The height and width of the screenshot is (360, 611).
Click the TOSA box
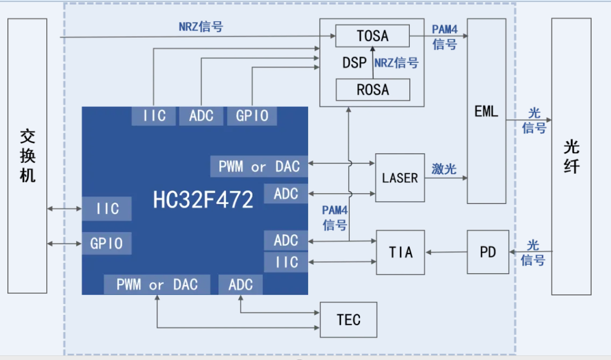(x=372, y=36)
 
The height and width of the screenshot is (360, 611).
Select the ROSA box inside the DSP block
(x=372, y=90)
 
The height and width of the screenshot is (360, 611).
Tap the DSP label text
(x=354, y=63)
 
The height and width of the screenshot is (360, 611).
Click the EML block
(x=486, y=111)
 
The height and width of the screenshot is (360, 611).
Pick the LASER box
(x=400, y=178)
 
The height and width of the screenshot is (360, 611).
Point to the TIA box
(x=400, y=251)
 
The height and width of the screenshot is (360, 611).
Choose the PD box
(x=488, y=252)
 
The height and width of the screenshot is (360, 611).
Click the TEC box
(x=349, y=319)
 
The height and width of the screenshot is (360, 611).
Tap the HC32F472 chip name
(x=203, y=199)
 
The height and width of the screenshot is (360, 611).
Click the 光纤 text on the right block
(x=571, y=156)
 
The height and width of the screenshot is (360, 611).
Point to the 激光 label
(x=444, y=169)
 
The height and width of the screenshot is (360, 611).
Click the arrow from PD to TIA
(x=446, y=252)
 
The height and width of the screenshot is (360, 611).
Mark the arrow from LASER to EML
(x=446, y=178)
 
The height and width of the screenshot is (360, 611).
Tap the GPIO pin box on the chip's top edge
(x=252, y=116)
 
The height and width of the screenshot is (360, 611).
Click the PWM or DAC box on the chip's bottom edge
(x=157, y=285)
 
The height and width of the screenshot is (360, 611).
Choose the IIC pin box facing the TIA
(x=286, y=262)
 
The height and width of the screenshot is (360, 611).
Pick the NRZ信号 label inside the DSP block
(x=396, y=63)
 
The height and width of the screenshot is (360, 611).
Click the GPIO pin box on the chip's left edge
(x=106, y=243)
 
